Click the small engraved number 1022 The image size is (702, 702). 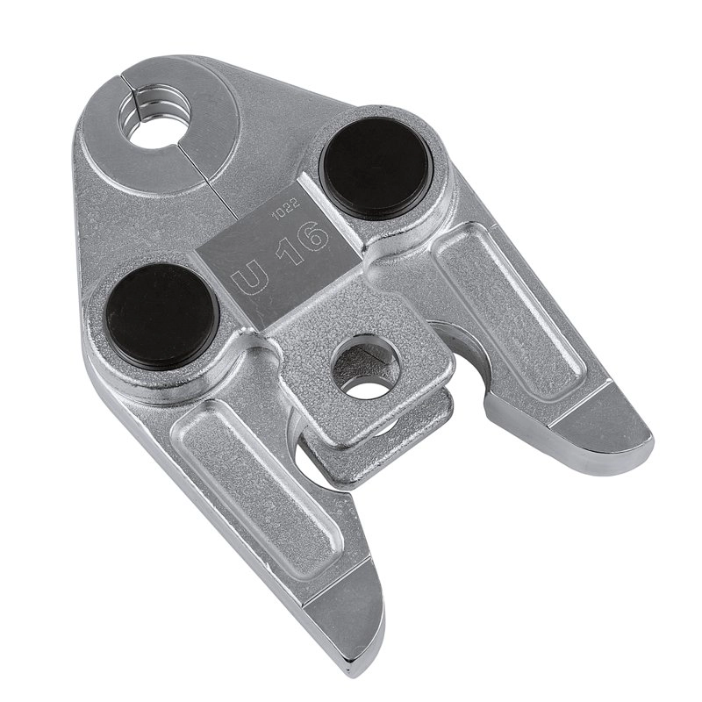(285, 211)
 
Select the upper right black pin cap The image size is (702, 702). (376, 168)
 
